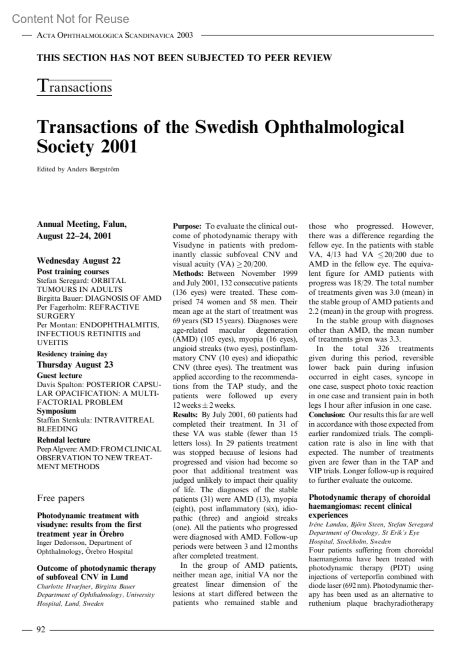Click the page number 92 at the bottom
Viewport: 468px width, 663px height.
click(41, 629)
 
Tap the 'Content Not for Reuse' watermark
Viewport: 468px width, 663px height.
click(70, 19)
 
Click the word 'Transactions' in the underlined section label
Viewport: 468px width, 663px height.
click(74, 87)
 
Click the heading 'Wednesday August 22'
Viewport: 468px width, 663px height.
click(78, 260)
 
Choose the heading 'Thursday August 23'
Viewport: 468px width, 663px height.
click(75, 365)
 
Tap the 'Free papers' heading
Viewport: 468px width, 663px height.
click(60, 498)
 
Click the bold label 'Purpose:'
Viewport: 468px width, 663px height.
click(187, 226)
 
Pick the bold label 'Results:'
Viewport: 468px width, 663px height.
click(186, 415)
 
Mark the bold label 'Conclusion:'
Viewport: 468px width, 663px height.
click(327, 415)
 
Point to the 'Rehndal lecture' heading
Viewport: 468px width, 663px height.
click(64, 440)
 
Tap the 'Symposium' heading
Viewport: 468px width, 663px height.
click(57, 411)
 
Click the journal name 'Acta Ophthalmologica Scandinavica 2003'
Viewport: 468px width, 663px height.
click(115, 36)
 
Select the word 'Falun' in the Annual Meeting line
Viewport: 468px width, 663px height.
click(114, 224)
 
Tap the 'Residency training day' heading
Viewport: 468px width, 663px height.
click(72, 354)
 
